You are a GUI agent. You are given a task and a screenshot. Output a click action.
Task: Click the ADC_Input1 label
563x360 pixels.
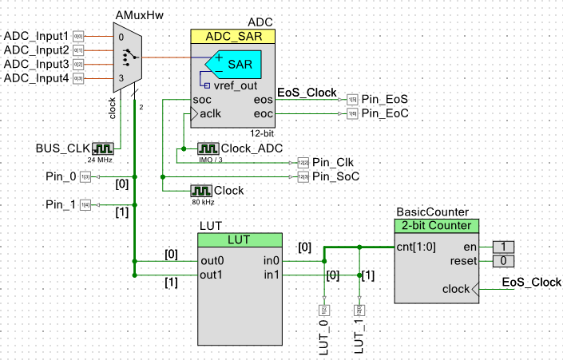(x=37, y=36)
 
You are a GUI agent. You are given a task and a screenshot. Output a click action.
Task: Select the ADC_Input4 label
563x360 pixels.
(x=37, y=78)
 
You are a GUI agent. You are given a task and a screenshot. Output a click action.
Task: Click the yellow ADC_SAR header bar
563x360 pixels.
(x=232, y=36)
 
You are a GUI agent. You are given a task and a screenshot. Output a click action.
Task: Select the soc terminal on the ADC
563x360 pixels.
(x=202, y=100)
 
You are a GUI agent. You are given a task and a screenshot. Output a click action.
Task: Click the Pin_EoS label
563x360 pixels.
(x=384, y=100)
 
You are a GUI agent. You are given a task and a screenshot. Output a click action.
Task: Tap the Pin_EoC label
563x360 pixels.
(x=385, y=114)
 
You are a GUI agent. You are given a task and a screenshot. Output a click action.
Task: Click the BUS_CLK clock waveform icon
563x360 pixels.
(x=103, y=148)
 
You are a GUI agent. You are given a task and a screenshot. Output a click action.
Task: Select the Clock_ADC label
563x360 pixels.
(x=248, y=148)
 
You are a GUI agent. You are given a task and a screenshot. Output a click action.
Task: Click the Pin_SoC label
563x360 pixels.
(x=335, y=176)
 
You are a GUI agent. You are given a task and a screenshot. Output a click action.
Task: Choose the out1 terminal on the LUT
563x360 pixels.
(x=212, y=275)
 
